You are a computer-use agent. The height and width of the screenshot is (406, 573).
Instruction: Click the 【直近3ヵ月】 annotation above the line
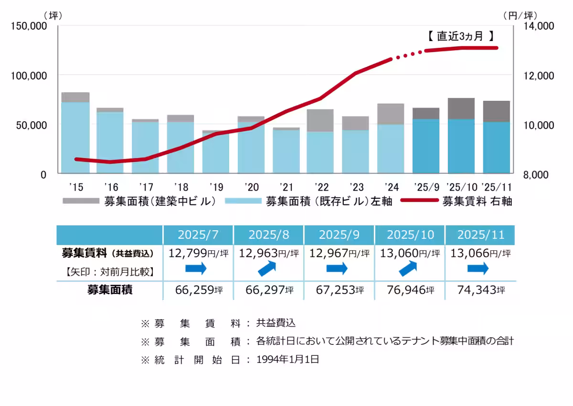point(459,36)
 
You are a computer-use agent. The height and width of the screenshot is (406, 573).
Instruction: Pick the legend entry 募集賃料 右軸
point(477,201)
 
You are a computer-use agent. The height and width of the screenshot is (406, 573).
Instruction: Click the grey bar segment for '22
point(320,120)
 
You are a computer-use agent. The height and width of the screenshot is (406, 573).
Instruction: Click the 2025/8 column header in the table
point(269,235)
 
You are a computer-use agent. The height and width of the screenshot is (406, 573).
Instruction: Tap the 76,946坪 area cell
point(410,290)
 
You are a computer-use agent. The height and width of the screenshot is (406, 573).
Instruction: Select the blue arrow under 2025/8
point(269,268)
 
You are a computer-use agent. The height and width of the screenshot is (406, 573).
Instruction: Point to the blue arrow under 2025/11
point(478,268)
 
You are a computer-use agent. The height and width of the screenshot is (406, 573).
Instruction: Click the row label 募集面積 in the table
point(110,290)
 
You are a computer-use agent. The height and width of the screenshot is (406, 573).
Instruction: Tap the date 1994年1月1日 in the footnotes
point(287,360)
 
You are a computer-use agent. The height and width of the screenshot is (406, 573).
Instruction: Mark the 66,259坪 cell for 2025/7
point(198,290)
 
